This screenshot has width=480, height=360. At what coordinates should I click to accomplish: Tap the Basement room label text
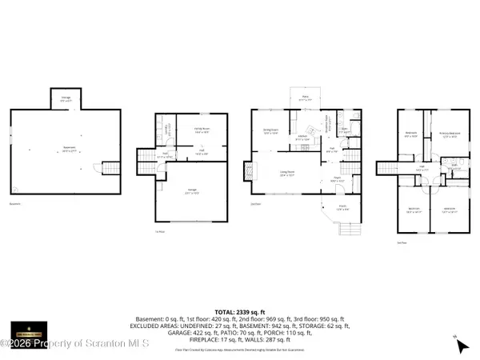pos(69,148)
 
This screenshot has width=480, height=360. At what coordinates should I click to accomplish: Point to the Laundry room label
pos(165,129)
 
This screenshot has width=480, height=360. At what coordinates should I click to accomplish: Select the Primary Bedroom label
pos(450,134)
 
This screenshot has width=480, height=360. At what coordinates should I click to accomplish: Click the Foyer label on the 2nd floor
pos(337,179)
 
